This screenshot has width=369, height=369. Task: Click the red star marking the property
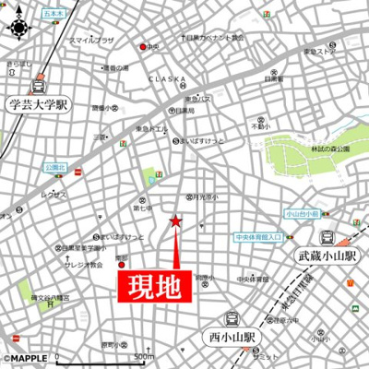point(176,220)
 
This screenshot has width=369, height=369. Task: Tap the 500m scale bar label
point(143,356)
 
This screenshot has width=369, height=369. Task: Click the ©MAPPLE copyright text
point(27,358)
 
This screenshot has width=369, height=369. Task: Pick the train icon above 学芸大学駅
point(39,85)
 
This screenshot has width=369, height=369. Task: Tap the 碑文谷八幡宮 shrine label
point(50,298)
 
